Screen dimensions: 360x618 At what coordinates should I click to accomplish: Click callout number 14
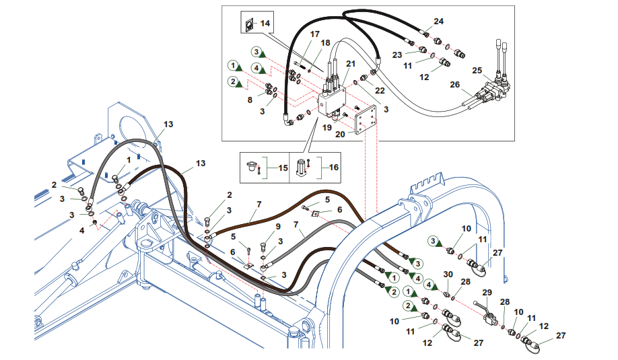(265, 24)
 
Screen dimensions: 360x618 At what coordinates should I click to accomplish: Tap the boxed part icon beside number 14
(248, 25)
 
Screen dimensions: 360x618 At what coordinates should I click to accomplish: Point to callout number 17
(314, 34)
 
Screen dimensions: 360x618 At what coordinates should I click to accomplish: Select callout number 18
(326, 43)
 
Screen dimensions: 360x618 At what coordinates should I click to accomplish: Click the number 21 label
(351, 63)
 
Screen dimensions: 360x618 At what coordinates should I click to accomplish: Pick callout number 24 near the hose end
(438, 22)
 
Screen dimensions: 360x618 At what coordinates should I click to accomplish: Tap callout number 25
(477, 70)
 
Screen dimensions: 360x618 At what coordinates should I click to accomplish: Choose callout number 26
(454, 85)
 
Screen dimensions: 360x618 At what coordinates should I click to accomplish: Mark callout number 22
(380, 91)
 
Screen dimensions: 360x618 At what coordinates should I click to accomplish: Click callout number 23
(397, 54)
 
